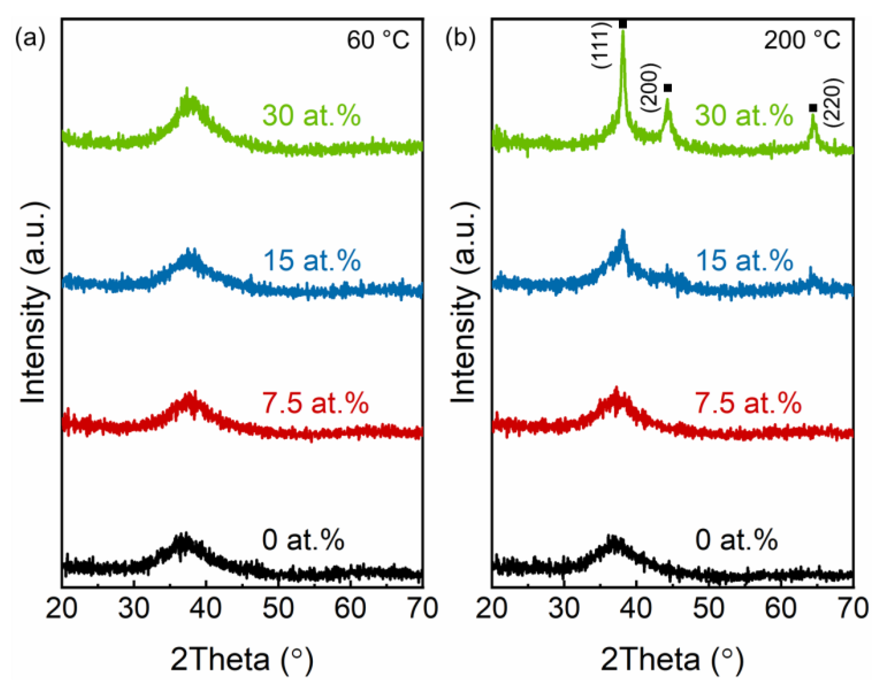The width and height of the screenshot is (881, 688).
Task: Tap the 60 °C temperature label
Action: [378, 40]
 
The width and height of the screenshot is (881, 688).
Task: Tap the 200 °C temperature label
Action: [802, 40]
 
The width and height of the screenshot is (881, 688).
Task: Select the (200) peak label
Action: [652, 88]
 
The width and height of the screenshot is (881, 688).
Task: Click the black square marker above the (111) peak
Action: [623, 24]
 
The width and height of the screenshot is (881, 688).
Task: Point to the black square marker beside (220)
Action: [813, 108]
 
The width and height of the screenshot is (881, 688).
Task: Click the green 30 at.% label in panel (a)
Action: [312, 116]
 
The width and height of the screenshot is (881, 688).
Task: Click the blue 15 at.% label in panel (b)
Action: [745, 260]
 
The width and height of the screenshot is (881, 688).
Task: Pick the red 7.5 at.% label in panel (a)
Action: [315, 403]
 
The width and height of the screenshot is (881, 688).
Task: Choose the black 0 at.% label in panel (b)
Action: [736, 540]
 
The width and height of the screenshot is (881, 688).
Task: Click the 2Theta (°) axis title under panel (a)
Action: [242, 659]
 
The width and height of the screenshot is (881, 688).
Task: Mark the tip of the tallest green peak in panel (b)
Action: [623, 30]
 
